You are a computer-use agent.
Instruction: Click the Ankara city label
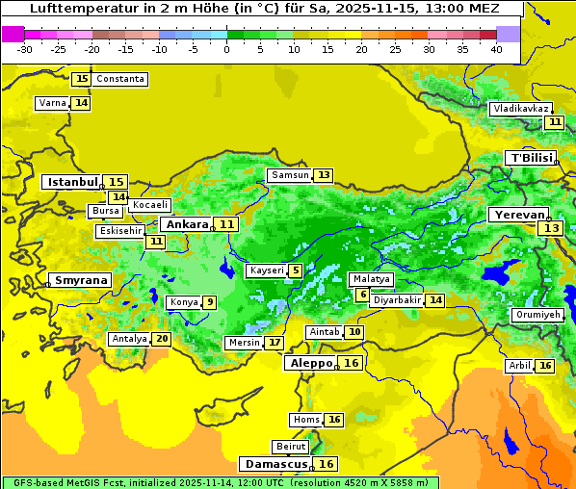pyautogui.click(x=185, y=224)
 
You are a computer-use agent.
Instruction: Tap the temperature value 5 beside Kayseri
pyautogui.click(x=296, y=271)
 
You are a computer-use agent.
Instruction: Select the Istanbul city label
pyautogui.click(x=73, y=181)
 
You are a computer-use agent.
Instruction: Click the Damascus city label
pyautogui.click(x=275, y=464)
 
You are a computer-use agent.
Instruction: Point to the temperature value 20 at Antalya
pyautogui.click(x=161, y=339)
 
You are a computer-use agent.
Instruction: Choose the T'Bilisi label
pyautogui.click(x=531, y=158)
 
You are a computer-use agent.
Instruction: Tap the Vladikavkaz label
pyautogui.click(x=521, y=109)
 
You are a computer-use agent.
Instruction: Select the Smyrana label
pyautogui.click(x=80, y=280)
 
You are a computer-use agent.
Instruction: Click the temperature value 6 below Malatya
pyautogui.click(x=362, y=295)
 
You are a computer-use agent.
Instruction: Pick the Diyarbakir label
pyautogui.click(x=397, y=300)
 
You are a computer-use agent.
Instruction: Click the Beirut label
pyautogui.click(x=291, y=447)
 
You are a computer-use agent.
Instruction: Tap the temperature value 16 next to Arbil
pyautogui.click(x=545, y=366)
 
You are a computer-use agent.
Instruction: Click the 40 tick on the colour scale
pyautogui.click(x=496, y=49)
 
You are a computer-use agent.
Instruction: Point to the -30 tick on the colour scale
pyautogui.click(x=24, y=49)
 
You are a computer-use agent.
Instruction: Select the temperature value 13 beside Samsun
pyautogui.click(x=324, y=175)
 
